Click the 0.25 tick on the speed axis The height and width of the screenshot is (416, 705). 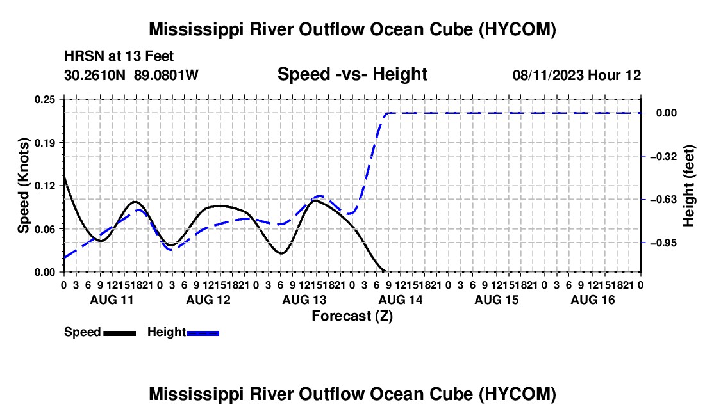(45, 99)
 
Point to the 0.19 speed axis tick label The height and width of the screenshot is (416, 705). (45, 143)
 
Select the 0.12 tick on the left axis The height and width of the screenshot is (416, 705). (45, 186)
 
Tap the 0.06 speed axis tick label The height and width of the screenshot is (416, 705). (45, 229)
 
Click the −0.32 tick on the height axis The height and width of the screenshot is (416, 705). (663, 156)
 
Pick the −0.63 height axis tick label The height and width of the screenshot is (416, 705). (663, 199)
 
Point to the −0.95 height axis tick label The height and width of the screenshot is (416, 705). (663, 243)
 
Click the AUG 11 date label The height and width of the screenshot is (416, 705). (112, 300)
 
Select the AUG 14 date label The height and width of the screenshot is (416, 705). (401, 300)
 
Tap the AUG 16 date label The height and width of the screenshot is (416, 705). (593, 300)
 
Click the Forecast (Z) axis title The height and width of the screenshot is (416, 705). (352, 316)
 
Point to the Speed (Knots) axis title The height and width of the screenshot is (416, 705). (23, 186)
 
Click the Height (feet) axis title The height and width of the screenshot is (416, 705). (688, 186)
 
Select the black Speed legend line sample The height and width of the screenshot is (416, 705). (120, 333)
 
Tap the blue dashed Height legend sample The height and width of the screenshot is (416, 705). (203, 333)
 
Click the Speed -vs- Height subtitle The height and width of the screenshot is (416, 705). (352, 74)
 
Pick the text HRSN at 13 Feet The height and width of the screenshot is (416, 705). (119, 56)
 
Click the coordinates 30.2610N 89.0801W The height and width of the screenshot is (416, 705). (131, 75)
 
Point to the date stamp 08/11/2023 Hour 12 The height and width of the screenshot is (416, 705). (577, 75)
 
